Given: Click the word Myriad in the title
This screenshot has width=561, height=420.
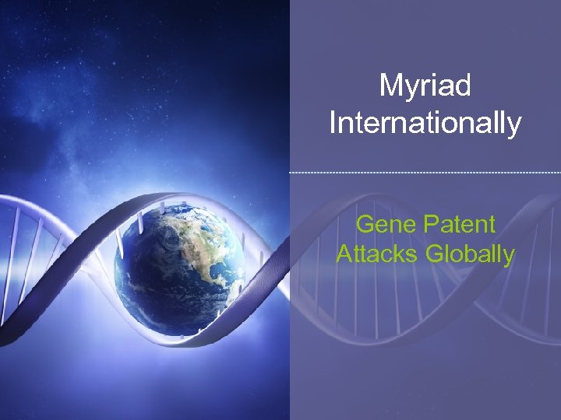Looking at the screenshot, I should coord(425,86).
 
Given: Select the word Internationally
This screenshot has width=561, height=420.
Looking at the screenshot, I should coord(425,123).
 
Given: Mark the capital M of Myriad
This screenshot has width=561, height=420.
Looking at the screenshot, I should coord(390,86).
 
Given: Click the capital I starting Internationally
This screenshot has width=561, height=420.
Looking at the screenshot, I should coord(333,122).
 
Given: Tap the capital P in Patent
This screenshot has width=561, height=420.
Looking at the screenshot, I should coord(431,226).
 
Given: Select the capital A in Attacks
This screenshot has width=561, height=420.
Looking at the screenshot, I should coord(344,254).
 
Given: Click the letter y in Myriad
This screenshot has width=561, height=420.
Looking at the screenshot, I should coord(408,89).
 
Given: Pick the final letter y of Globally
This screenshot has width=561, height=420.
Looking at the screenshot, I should coord(509,257).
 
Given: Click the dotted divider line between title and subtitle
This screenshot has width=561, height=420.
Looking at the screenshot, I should coord(425,172).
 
